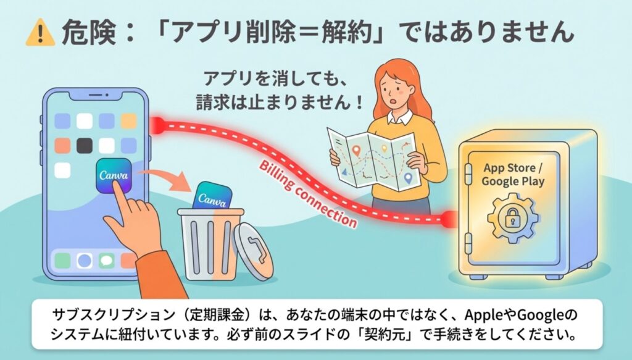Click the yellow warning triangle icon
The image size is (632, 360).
pyautogui.click(x=40, y=33)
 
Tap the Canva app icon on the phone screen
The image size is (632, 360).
pyautogui.click(x=114, y=175)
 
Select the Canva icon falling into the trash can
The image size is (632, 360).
pyautogui.click(x=212, y=196)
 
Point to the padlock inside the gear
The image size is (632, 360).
pyautogui.click(x=512, y=218)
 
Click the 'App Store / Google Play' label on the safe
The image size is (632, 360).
pyautogui.click(x=513, y=174)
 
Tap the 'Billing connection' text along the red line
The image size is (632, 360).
pyautogui.click(x=307, y=194)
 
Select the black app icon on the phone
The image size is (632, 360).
pyautogui.click(x=84, y=146)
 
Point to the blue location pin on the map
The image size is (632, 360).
pyautogui.click(x=408, y=178)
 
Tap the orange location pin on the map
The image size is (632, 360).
pyautogui.click(x=355, y=151)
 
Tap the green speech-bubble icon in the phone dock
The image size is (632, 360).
pyautogui.click(x=106, y=261)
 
